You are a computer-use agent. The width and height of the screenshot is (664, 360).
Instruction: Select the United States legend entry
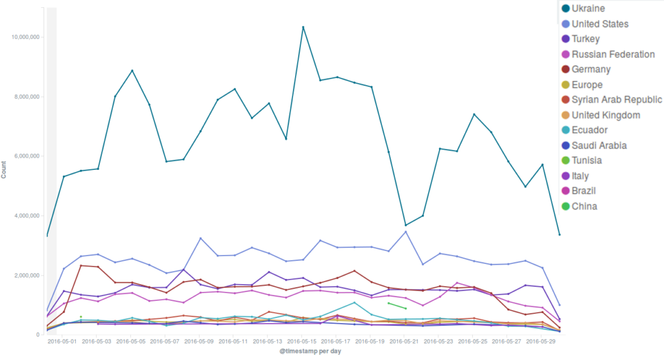[599, 24]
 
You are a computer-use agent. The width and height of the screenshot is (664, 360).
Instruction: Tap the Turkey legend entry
[590, 39]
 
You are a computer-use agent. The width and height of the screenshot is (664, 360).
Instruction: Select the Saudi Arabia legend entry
[604, 145]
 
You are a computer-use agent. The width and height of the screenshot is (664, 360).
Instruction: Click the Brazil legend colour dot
[565, 191]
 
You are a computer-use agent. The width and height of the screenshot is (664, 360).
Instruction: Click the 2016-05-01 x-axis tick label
[63, 341]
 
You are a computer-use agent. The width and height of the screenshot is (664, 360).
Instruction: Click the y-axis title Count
[4, 171]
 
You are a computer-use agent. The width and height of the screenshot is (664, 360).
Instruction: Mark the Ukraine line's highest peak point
[303, 27]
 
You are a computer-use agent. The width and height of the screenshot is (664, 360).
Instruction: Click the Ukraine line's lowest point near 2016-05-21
[406, 225]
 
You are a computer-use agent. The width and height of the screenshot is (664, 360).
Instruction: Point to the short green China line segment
[397, 306]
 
